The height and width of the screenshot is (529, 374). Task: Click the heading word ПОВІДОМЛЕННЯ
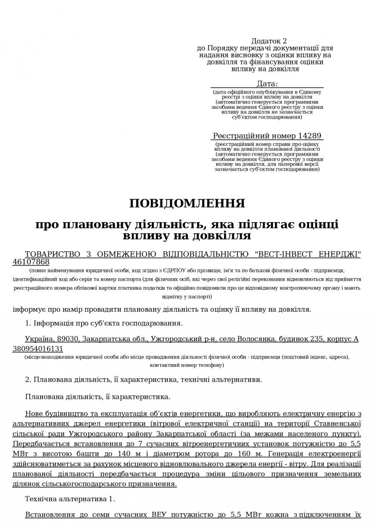click(187, 203)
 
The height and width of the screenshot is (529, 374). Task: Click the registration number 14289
click(310, 136)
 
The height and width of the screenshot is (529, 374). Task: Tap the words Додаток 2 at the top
click(269, 41)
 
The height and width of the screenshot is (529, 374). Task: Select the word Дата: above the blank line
click(267, 84)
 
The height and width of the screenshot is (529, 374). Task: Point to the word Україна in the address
click(37, 339)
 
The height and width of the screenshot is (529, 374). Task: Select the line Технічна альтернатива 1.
click(70, 499)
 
